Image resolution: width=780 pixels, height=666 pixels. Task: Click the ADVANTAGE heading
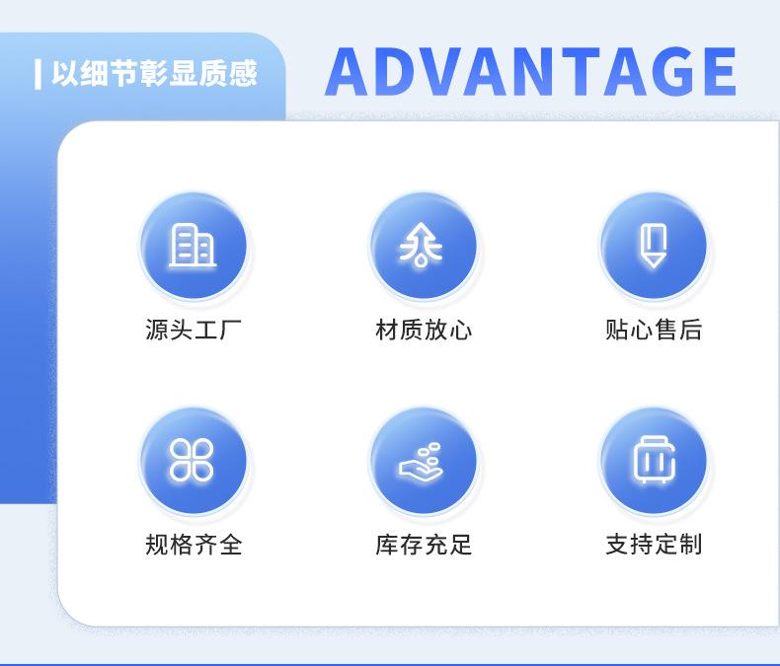(530, 71)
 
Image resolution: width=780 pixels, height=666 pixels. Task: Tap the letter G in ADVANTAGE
(663, 71)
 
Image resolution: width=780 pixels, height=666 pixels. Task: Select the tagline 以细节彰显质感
(154, 74)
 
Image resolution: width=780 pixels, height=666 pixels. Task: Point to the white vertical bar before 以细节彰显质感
(38, 74)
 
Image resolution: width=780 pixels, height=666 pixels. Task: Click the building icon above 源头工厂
(193, 246)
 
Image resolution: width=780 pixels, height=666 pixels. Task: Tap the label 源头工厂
(194, 329)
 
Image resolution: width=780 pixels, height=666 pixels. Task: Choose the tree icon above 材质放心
(421, 245)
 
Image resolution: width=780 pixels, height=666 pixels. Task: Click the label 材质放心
(424, 329)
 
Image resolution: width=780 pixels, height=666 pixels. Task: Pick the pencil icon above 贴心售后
(654, 246)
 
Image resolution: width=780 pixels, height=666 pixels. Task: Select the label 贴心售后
(654, 329)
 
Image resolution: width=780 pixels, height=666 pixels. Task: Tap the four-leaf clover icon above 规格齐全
(192, 460)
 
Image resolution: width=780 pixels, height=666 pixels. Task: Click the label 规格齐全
(194, 545)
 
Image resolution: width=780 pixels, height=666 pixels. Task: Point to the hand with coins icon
(421, 462)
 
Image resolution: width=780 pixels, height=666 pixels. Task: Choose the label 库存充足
(424, 545)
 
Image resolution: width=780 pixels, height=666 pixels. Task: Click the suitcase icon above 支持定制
(655, 460)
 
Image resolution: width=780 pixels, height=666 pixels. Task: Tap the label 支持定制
(654, 545)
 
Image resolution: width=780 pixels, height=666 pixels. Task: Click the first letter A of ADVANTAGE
(350, 71)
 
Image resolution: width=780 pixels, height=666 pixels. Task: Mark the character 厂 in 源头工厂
(231, 329)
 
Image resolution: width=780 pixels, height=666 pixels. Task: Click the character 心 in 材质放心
(461, 330)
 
